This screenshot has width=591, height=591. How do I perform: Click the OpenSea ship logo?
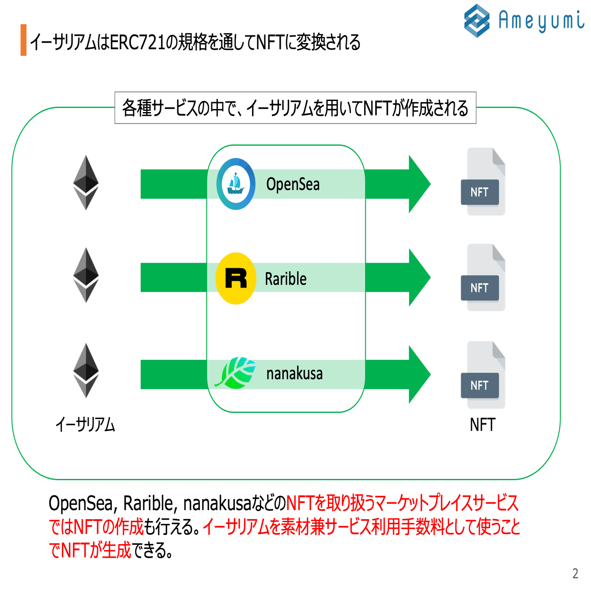click(236, 184)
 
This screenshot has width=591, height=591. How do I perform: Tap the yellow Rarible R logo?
click(236, 278)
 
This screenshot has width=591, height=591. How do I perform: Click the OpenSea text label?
click(293, 184)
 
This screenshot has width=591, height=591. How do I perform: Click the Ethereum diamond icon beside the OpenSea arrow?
click(86, 183)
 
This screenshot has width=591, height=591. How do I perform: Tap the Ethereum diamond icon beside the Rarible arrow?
click(86, 275)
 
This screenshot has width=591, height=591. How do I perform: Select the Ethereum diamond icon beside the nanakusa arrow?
click(86, 371)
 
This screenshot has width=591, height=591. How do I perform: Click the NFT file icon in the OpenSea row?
click(483, 182)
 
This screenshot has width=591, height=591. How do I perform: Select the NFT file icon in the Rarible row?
click(483, 278)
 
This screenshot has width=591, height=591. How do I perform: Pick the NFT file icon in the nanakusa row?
click(483, 375)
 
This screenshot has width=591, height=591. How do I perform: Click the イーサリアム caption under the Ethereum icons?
click(85, 425)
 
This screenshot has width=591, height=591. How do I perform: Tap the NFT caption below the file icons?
click(483, 425)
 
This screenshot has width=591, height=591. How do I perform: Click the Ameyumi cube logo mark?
click(476, 21)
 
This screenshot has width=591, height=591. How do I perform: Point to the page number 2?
click(575, 573)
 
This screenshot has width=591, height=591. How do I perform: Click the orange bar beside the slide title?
click(23, 40)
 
